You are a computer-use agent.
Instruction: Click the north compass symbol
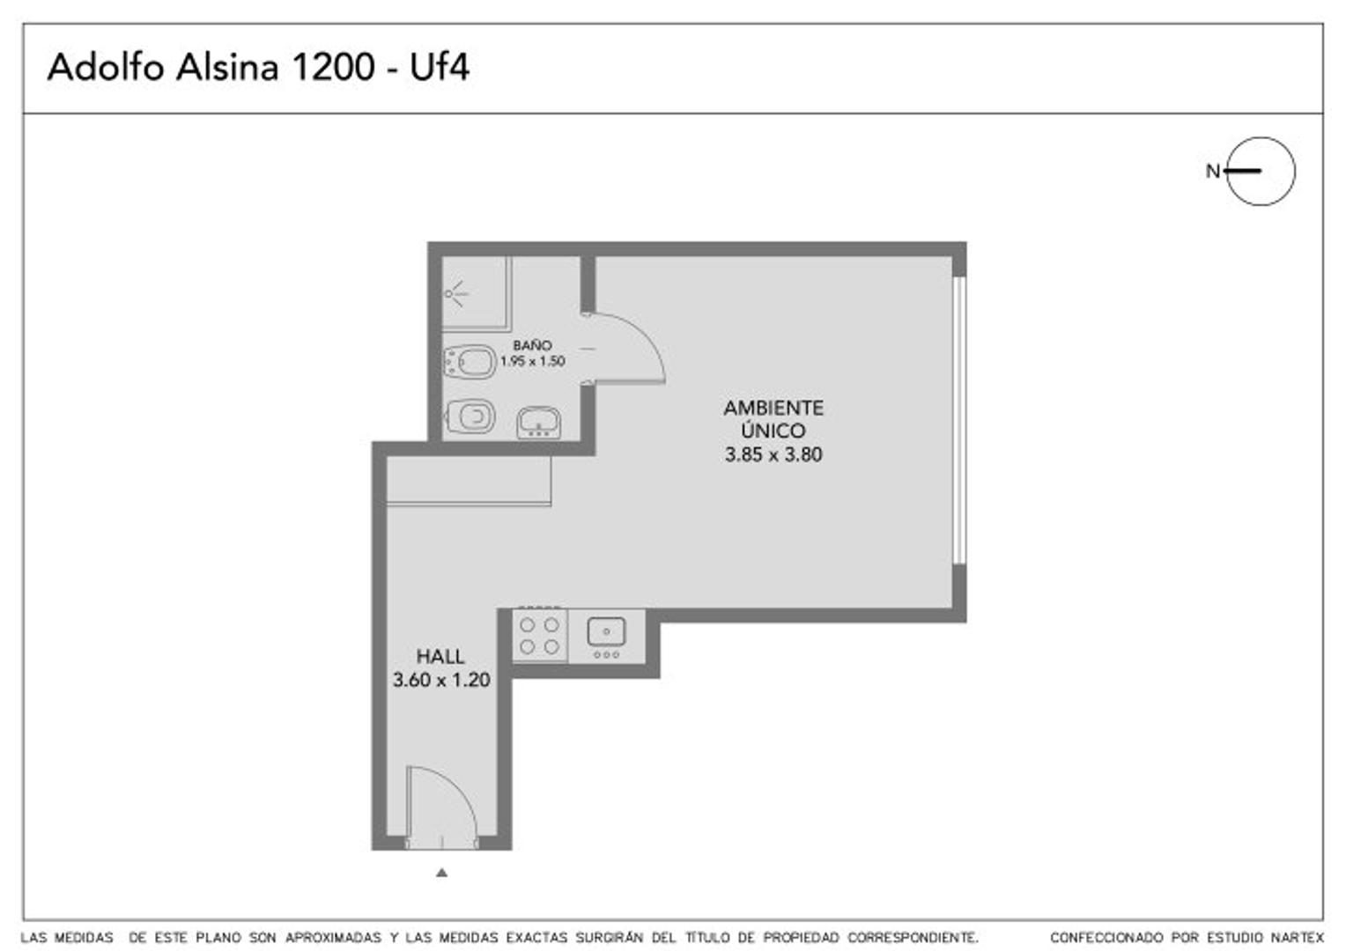1260,172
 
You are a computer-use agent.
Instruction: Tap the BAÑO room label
532,346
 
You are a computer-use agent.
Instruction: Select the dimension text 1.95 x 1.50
532,361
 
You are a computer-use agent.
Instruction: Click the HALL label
440,657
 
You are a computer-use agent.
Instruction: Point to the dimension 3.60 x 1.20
441,680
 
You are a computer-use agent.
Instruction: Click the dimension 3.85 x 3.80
773,455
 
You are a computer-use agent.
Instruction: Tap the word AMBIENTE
773,409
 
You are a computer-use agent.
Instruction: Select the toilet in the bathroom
470,362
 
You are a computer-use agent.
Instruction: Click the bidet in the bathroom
471,417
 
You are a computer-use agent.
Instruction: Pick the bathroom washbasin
538,423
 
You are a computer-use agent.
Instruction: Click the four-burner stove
540,636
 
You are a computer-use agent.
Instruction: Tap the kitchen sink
606,632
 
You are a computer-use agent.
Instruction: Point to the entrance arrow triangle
442,873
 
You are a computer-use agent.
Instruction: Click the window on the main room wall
960,420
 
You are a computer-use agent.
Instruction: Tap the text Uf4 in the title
440,68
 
